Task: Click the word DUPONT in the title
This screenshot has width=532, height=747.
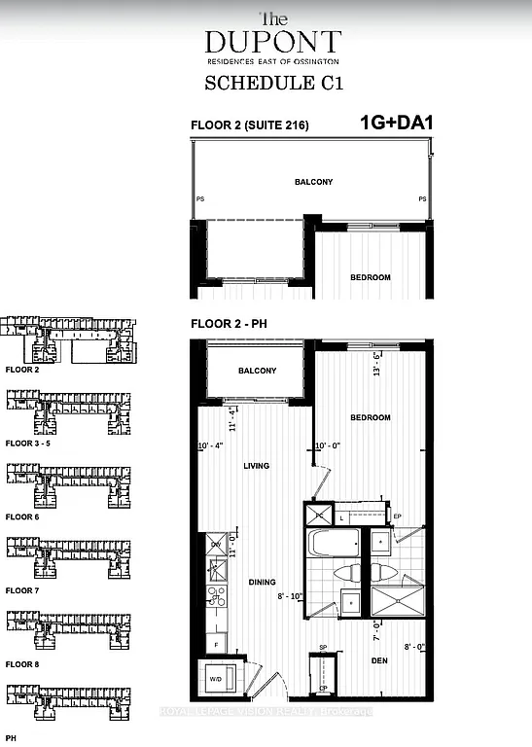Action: (272, 41)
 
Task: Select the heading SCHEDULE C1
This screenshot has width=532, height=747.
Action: (272, 85)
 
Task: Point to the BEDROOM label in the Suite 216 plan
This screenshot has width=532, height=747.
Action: (370, 277)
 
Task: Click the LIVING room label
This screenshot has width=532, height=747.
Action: (256, 466)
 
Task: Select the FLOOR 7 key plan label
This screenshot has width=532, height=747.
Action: (22, 590)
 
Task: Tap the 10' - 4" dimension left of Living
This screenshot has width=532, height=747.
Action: (211, 446)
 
